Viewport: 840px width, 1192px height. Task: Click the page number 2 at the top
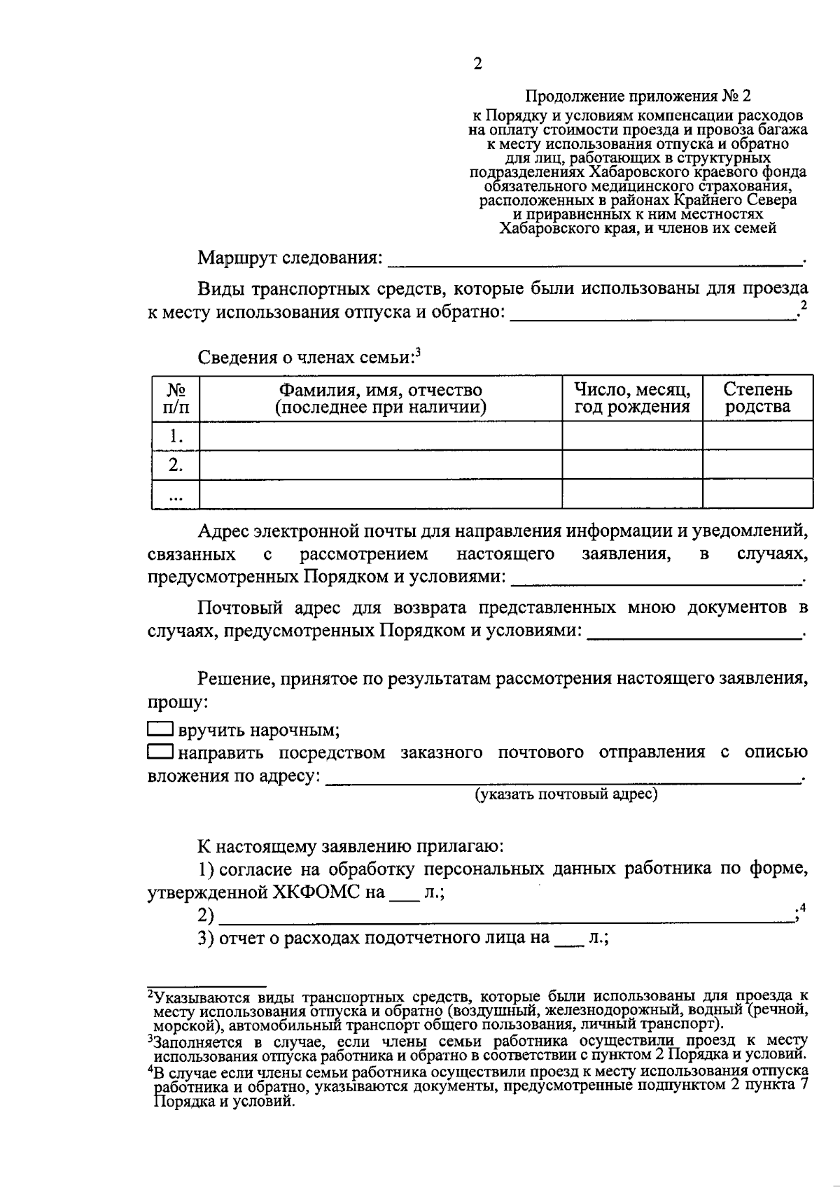click(477, 64)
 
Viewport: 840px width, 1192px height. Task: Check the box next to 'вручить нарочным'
click(160, 729)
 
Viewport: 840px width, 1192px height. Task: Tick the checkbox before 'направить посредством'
click(160, 752)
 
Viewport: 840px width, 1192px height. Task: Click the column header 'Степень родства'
click(757, 398)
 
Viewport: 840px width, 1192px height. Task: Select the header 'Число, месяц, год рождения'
click(632, 398)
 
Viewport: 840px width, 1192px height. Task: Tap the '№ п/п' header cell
click(176, 398)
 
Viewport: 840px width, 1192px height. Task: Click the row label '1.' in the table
click(176, 436)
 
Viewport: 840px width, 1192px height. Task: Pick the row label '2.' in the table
click(176, 465)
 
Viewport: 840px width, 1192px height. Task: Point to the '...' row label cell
click(176, 495)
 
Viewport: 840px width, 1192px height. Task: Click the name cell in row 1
click(380, 436)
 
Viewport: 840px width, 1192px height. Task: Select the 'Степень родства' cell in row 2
click(757, 465)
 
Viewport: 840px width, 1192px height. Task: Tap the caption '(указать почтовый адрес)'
click(566, 794)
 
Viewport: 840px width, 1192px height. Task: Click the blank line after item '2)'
click(504, 916)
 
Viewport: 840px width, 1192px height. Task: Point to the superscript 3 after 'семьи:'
click(418, 352)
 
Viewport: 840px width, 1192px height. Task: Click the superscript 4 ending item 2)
click(803, 908)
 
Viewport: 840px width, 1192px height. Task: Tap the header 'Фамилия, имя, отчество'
click(380, 390)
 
